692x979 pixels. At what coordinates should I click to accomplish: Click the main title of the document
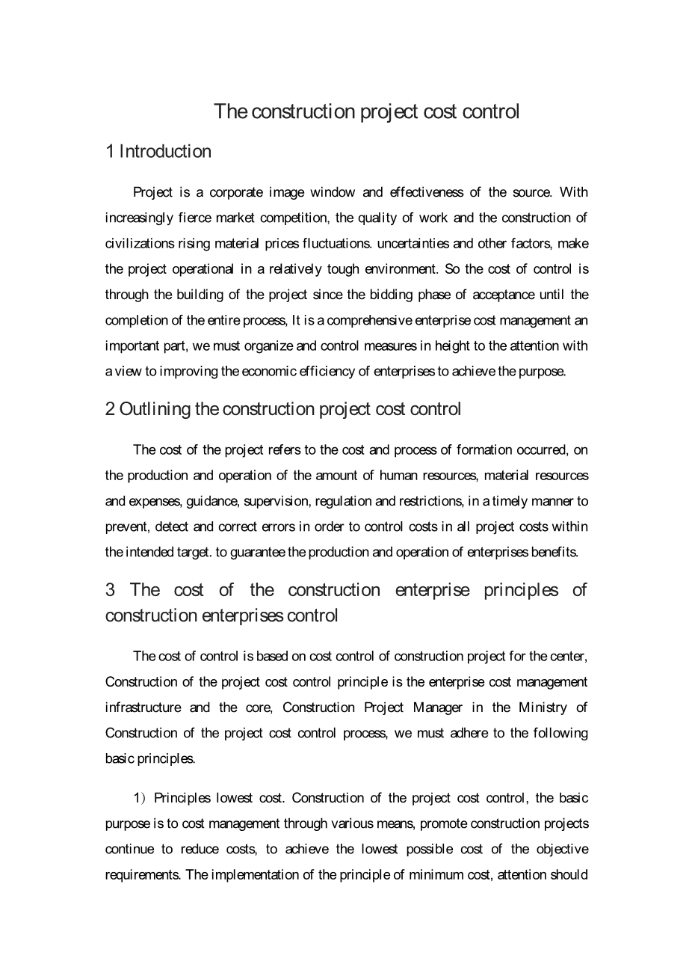(366, 111)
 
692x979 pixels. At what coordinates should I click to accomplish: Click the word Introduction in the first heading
(165, 152)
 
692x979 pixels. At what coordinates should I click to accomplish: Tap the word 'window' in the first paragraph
(333, 192)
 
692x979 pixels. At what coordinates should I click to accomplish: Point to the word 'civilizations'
(140, 243)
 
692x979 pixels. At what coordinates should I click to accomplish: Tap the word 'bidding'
(392, 294)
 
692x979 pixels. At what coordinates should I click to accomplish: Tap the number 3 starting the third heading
(110, 590)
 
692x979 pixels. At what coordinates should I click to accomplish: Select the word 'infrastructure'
(143, 707)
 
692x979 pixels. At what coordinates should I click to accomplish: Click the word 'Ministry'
(542, 707)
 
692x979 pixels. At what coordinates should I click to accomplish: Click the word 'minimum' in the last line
(430, 874)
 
